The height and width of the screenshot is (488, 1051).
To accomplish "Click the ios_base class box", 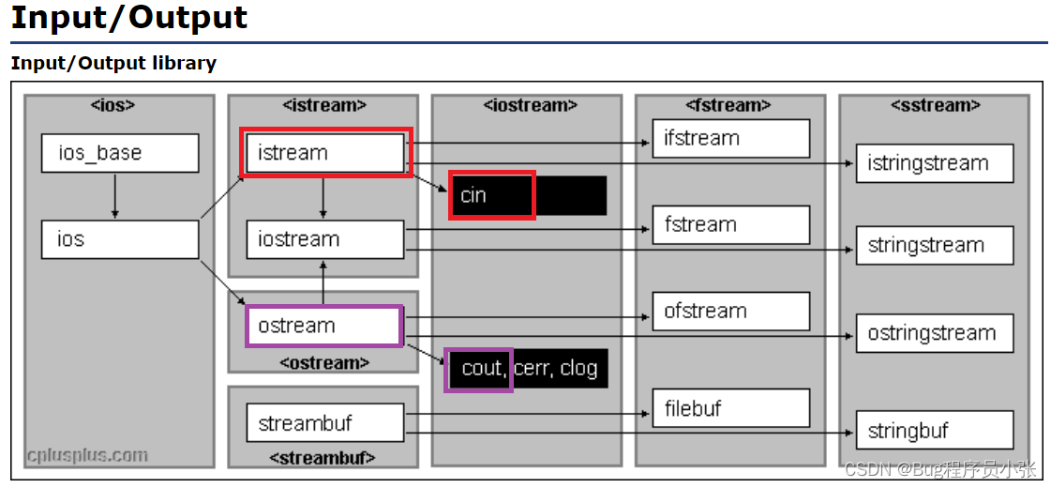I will click(x=119, y=153).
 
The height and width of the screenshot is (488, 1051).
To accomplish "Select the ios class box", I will click(x=119, y=239).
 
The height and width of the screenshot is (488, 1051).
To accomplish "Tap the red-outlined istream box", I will click(x=325, y=153).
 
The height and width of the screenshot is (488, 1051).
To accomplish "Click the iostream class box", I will click(x=324, y=239).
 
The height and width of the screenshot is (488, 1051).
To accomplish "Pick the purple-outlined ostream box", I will click(x=323, y=326).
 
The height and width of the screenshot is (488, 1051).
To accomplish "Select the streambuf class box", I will click(x=324, y=423).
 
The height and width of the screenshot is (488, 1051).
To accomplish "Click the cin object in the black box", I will click(x=491, y=195).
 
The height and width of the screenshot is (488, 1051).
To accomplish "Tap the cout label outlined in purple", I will click(x=479, y=369).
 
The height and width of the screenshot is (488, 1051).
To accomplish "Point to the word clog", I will click(x=578, y=369).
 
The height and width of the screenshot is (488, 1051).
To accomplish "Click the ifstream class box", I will click(x=730, y=139).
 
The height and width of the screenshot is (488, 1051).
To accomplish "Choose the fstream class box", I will click(x=730, y=225).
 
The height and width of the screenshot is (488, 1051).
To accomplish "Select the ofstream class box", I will click(x=730, y=312).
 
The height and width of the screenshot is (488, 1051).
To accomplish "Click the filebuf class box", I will click(x=730, y=408).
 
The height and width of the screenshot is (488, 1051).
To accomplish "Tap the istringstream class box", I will click(x=934, y=163).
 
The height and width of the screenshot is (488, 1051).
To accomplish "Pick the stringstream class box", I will click(x=934, y=246).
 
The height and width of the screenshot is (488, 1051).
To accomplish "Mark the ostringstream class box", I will click(x=934, y=333).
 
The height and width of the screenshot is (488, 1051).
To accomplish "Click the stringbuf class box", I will click(x=934, y=431).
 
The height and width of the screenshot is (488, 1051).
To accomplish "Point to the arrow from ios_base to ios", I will click(x=114, y=195).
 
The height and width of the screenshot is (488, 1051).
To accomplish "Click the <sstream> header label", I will click(x=934, y=105).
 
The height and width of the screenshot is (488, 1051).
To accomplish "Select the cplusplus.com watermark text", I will click(x=87, y=455).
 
